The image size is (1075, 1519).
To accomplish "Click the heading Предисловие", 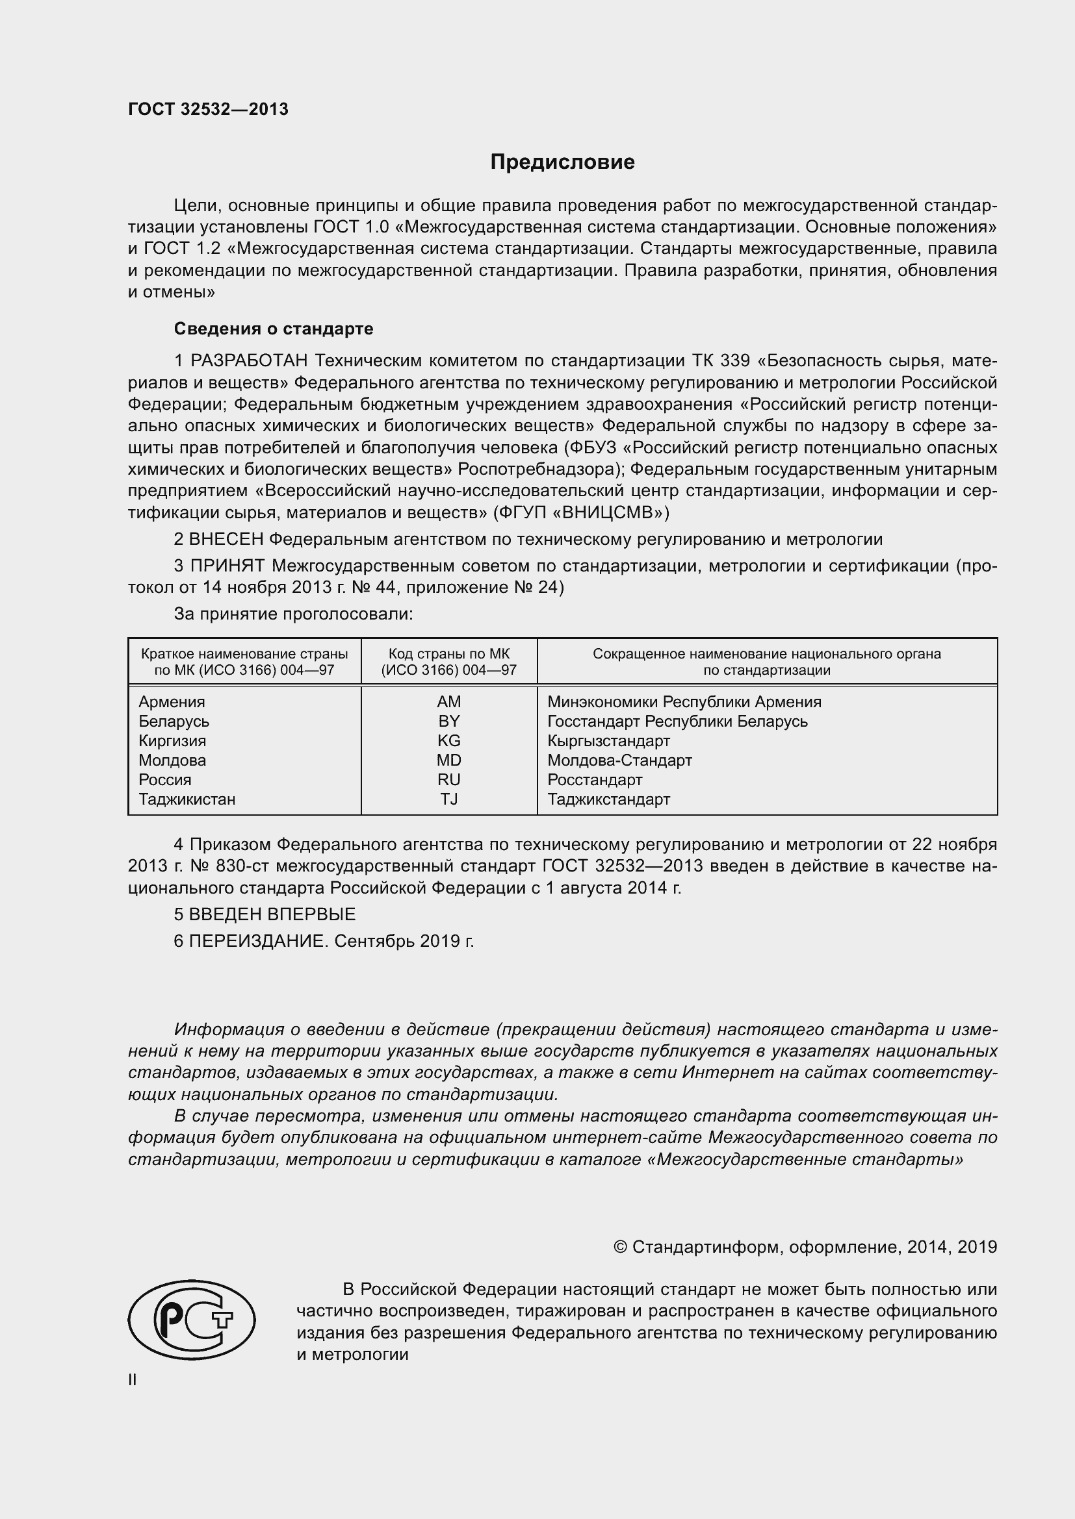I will click(562, 162).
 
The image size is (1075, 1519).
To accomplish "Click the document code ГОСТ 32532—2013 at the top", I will click(208, 109).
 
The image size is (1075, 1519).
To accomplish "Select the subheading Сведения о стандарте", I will click(274, 329).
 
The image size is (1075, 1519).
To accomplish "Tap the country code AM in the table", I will click(449, 701).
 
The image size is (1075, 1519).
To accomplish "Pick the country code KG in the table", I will click(449, 740).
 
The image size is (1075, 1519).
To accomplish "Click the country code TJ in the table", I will click(449, 799).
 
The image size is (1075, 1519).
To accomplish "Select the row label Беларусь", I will click(174, 721).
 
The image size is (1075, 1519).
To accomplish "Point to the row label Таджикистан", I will click(187, 799).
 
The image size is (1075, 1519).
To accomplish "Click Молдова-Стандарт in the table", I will click(619, 760).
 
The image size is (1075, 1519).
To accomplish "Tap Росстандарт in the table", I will click(595, 779).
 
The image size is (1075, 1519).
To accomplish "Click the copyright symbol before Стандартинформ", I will click(620, 1247).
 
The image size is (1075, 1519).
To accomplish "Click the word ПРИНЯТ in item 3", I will click(227, 566).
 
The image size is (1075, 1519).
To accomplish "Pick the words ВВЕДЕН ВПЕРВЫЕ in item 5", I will click(272, 914).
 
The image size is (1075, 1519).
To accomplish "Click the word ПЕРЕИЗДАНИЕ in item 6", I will click(258, 941).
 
